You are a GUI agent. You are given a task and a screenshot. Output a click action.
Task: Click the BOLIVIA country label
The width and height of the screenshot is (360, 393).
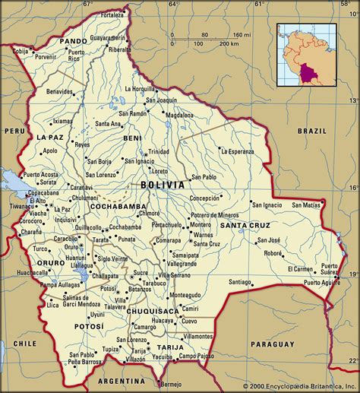(161, 185)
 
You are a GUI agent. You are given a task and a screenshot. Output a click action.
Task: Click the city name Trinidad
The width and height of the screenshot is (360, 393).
(159, 151)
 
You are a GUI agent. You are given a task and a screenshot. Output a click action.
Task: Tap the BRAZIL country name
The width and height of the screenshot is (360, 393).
(311, 131)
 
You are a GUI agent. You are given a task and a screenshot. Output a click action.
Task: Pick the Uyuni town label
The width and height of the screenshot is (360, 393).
(96, 314)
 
